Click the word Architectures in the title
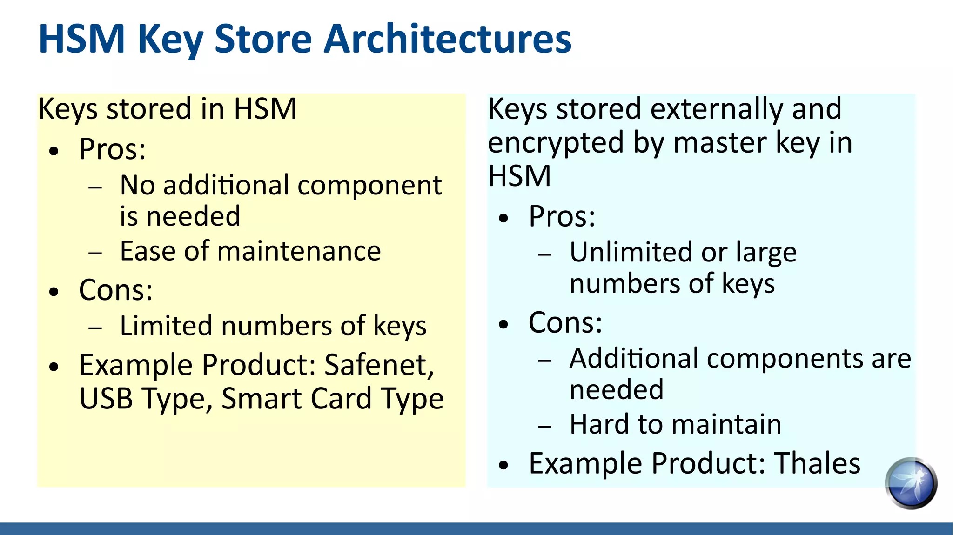click(x=447, y=39)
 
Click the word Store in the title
click(x=263, y=39)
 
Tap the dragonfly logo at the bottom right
click(x=911, y=483)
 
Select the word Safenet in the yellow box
click(x=379, y=365)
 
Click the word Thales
click(x=817, y=463)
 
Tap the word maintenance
click(x=299, y=252)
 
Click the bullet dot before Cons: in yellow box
click(x=54, y=292)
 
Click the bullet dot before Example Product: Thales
click(x=503, y=465)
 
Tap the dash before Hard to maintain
click(x=544, y=426)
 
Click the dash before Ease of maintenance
click(x=95, y=253)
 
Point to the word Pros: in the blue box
click(x=562, y=217)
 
